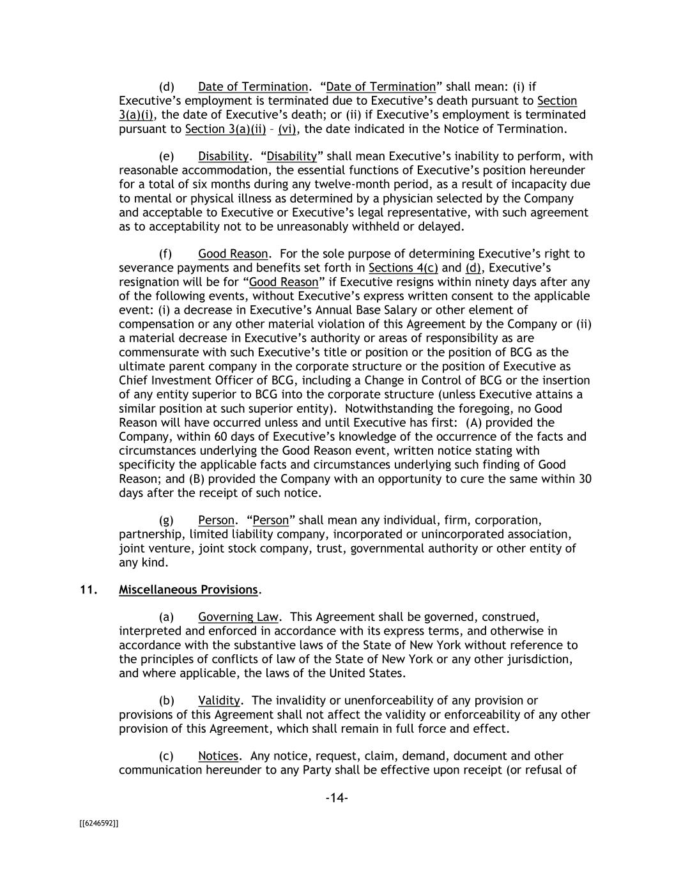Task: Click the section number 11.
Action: (x=88, y=590)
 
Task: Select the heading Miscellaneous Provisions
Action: (x=188, y=590)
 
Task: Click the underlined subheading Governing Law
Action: (x=238, y=617)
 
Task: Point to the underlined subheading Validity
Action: (x=219, y=701)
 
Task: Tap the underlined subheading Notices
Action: (x=218, y=756)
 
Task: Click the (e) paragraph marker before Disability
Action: (x=166, y=157)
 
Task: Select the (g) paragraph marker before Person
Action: (x=166, y=521)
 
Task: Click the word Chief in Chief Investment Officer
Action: (x=134, y=381)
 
